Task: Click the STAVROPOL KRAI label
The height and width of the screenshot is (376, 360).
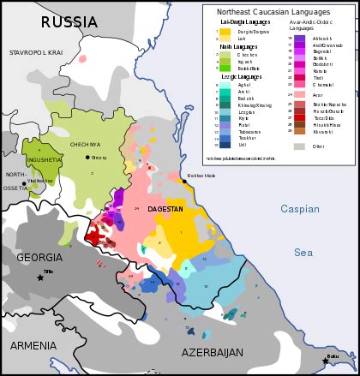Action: coord(36,53)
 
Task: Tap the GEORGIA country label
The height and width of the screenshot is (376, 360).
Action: coord(39,257)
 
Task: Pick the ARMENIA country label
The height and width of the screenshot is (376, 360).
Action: coord(33,345)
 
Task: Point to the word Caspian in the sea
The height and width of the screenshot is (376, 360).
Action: coord(299,209)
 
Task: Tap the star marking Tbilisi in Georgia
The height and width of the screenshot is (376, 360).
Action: coord(39,277)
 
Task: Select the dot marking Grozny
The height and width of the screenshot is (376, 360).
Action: coord(87,157)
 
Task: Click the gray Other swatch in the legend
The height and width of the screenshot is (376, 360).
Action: coord(299,146)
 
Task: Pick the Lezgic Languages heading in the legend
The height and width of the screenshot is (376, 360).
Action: coord(243,76)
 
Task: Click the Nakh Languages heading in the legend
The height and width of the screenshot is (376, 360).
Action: coord(239,47)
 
